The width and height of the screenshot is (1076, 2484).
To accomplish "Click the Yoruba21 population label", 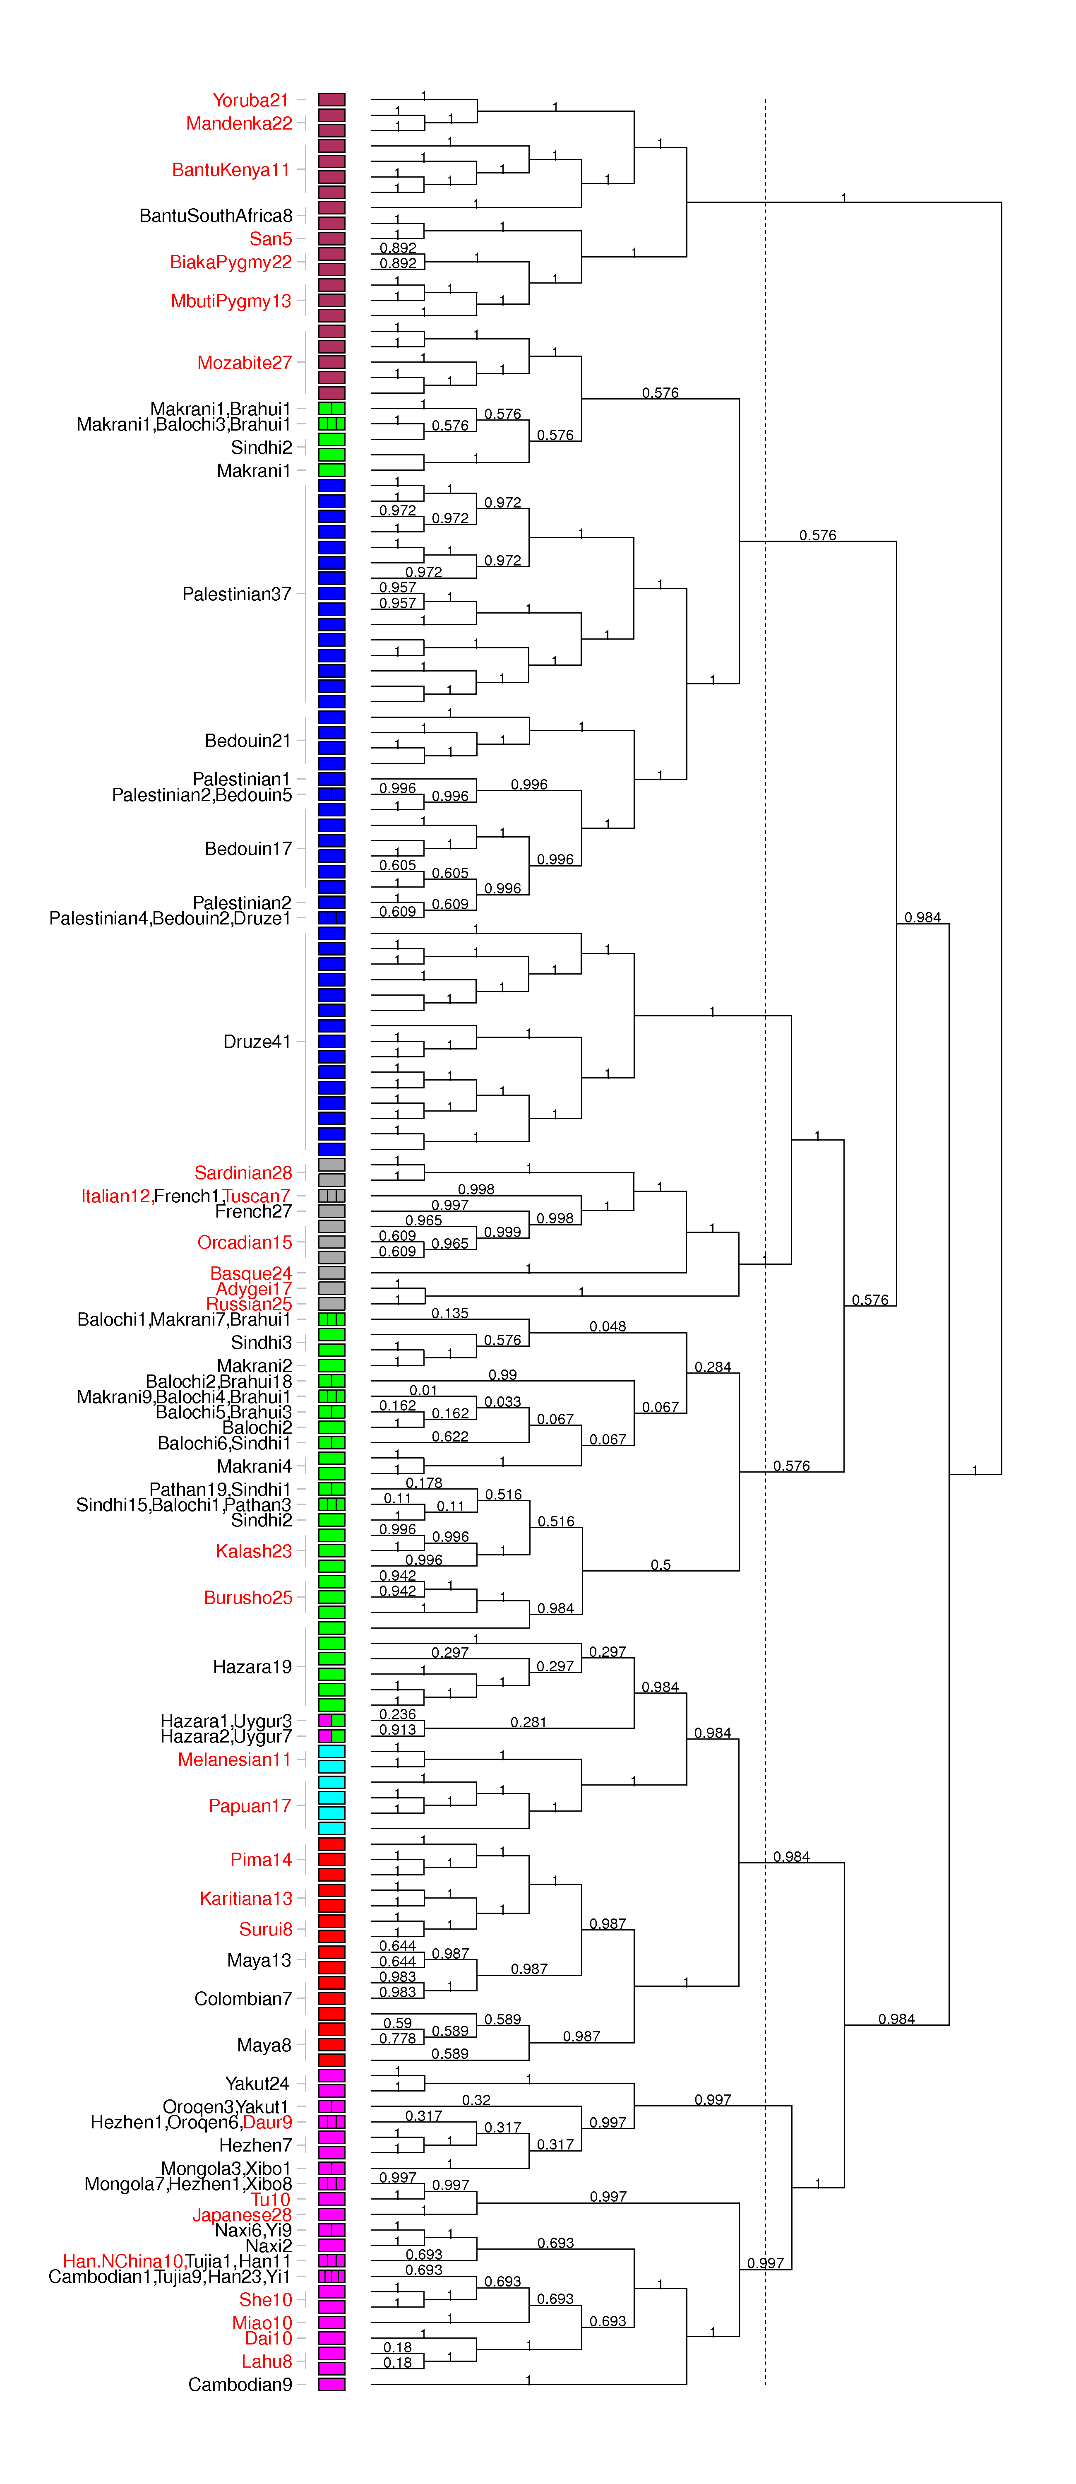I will coord(251,100).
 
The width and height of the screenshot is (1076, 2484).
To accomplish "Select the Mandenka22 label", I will coord(239,123).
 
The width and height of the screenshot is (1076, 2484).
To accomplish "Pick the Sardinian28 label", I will coord(243,1172).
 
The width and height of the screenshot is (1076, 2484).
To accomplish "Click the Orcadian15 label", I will coord(245,1242).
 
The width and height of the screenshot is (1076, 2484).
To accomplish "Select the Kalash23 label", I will coord(254,1550).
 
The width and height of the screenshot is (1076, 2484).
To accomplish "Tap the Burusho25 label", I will coord(248,1597).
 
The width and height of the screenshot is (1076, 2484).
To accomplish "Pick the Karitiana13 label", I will coord(246,1898).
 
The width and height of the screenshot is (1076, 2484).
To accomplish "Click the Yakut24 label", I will coord(257,2083).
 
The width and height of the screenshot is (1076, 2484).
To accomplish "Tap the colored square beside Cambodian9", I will coord(331,2384).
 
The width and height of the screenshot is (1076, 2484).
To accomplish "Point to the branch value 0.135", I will coord(449,1312).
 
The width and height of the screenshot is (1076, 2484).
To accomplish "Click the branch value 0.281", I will coord(528,1721).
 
